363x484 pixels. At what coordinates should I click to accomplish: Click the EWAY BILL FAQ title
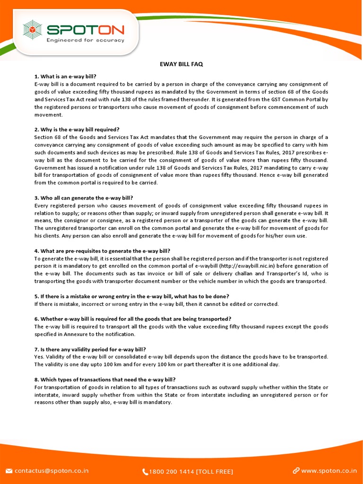point(182,64)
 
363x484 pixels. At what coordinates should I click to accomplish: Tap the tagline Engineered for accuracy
point(85,41)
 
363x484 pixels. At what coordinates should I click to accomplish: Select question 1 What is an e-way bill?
point(65,77)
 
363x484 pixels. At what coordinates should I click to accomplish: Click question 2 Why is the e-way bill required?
point(77,130)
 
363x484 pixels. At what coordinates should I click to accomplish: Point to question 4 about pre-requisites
point(102,251)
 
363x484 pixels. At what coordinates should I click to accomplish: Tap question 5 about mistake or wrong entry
point(132,296)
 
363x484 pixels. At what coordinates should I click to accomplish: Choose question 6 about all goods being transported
point(133,319)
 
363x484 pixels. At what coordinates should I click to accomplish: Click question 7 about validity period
point(90,349)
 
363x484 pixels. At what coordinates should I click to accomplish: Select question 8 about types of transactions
point(105,380)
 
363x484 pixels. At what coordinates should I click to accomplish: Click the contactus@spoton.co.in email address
point(52,471)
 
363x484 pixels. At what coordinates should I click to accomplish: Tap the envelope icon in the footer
point(9,471)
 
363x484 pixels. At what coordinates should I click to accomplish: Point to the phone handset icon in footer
point(145,471)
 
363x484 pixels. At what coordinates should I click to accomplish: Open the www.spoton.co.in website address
point(329,471)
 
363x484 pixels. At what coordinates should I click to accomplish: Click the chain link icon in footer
point(296,471)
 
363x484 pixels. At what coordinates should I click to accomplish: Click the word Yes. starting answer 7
point(39,357)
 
